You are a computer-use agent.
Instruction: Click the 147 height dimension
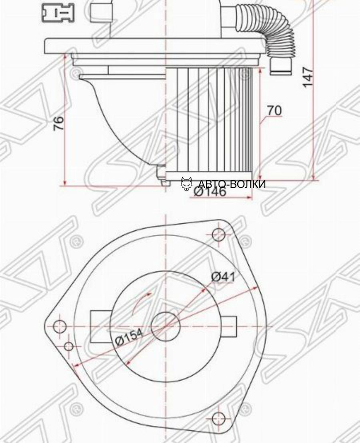[x=308, y=76]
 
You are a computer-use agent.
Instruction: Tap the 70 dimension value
[x=274, y=110]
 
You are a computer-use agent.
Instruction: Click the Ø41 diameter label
[x=223, y=276]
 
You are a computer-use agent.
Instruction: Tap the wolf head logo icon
[x=187, y=183]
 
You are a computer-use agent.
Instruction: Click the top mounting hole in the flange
[x=219, y=235]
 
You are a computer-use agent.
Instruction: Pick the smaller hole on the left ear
[x=69, y=346]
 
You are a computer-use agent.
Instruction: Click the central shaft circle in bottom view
[x=165, y=326]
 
